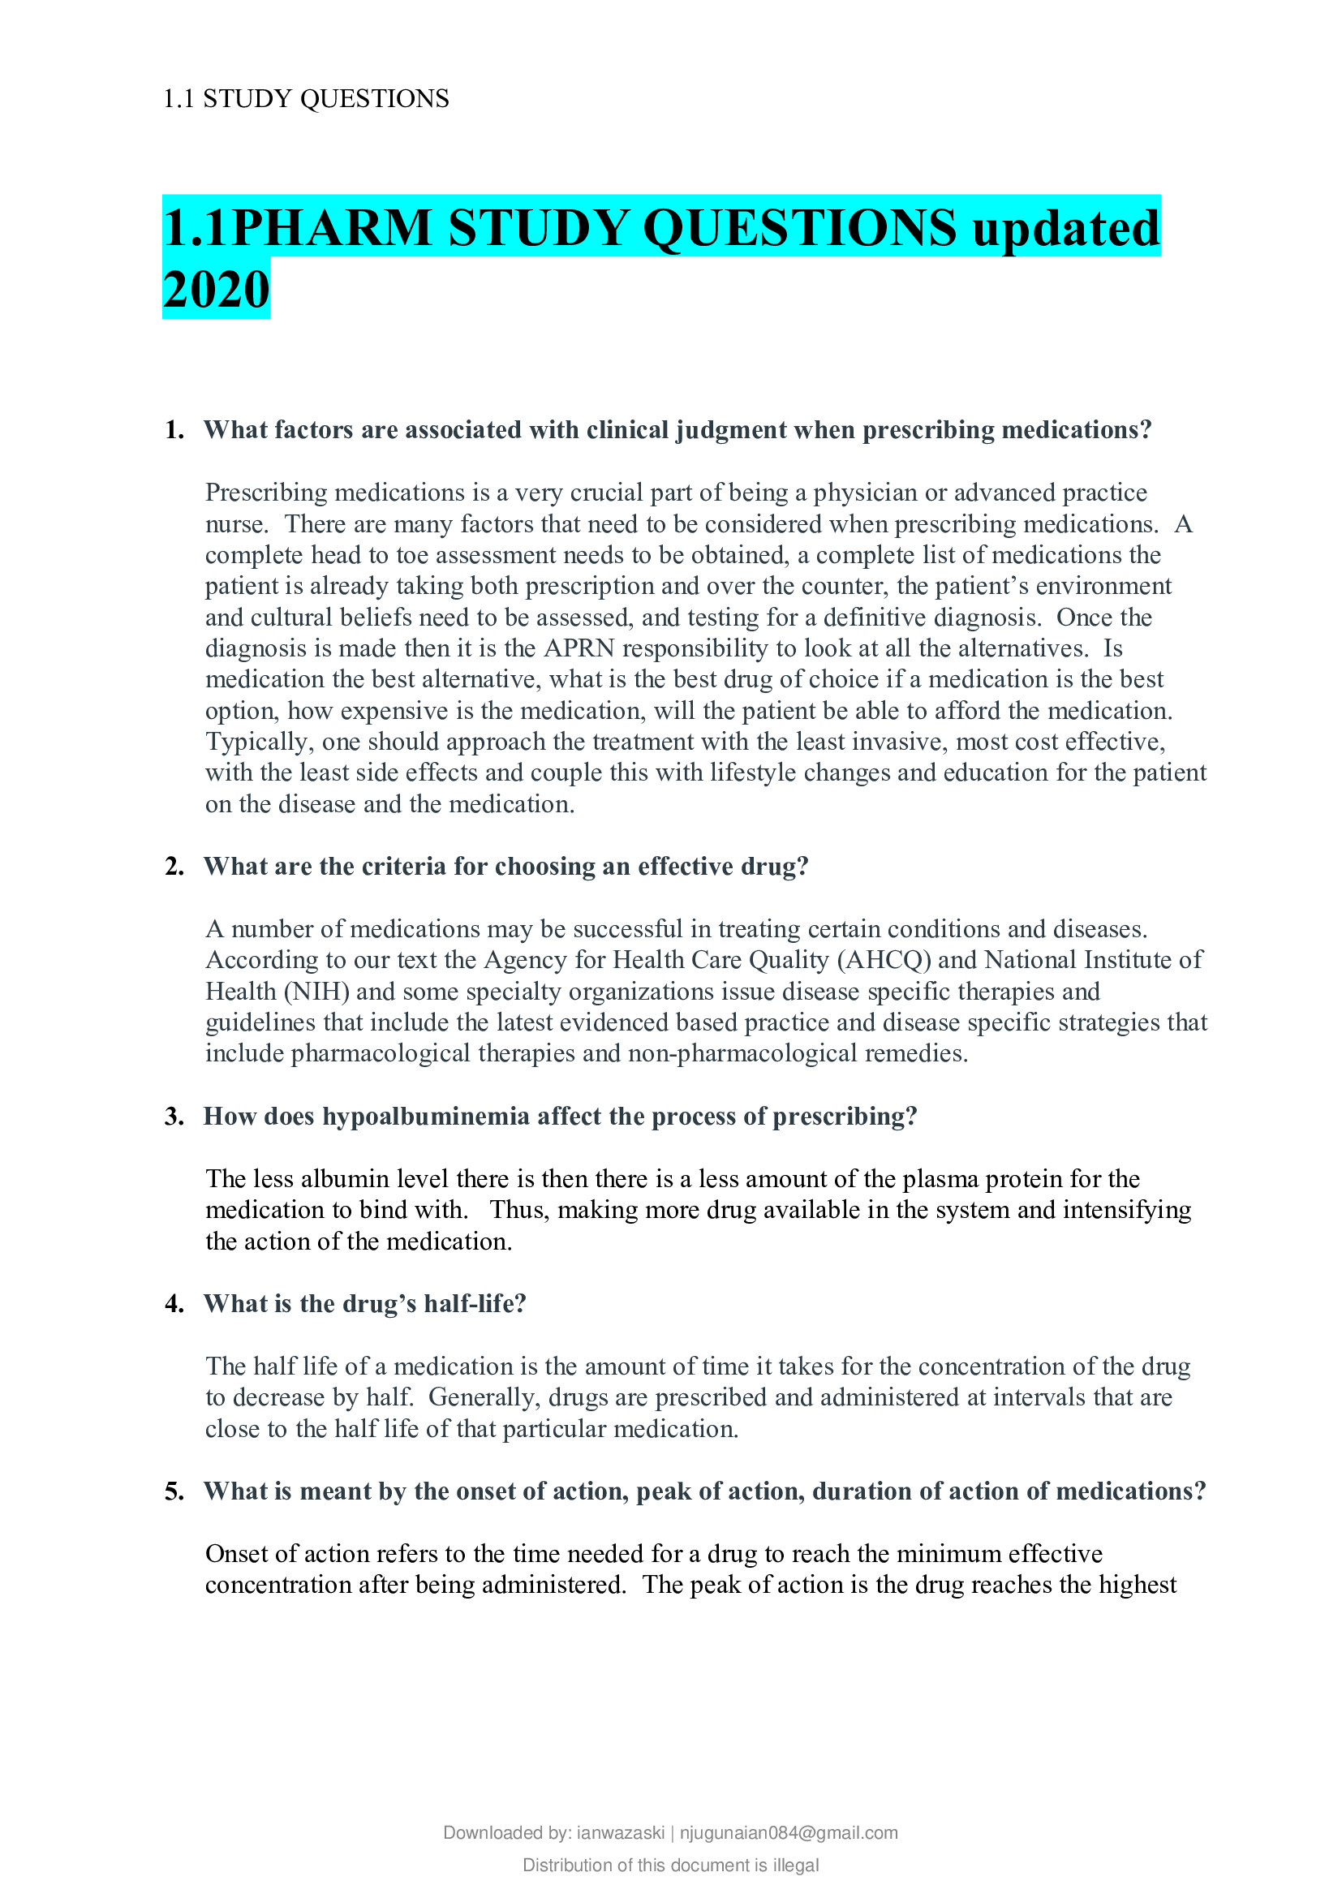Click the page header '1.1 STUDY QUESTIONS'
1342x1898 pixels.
point(306,98)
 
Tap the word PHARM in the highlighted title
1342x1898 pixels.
point(331,228)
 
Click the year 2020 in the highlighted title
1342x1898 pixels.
point(217,291)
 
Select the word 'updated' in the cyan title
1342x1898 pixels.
point(1066,228)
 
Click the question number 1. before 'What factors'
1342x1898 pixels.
point(174,430)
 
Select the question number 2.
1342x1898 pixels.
point(174,867)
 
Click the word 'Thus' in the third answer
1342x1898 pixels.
point(518,1210)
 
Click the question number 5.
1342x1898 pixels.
point(174,1491)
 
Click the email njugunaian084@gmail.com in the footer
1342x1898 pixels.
point(789,1833)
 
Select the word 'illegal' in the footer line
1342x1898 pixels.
point(795,1865)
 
